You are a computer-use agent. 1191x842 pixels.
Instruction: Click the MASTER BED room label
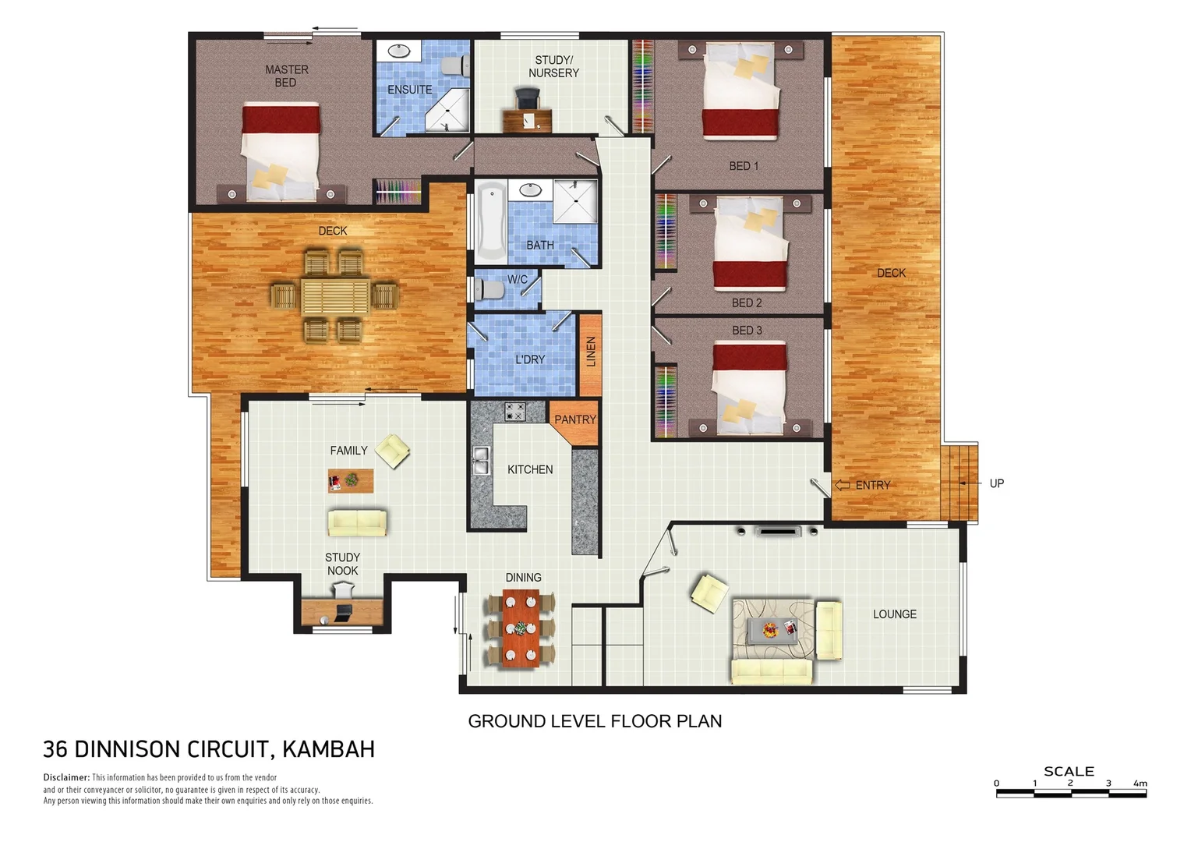tap(286, 76)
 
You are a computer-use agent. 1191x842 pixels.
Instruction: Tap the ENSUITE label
tap(409, 90)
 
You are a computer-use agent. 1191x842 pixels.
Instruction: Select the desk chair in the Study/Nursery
tap(528, 98)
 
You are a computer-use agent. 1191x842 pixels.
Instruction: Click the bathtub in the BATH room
tap(491, 221)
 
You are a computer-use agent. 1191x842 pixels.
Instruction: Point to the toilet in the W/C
tap(489, 289)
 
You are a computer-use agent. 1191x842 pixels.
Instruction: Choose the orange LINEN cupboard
tap(590, 353)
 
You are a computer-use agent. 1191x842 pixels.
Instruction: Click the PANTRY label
tap(574, 419)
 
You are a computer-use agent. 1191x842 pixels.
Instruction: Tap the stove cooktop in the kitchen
tap(514, 412)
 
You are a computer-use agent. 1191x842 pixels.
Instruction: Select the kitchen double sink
tap(481, 461)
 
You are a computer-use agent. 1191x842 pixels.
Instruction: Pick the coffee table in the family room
tap(351, 480)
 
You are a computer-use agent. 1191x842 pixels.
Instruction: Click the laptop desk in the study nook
tap(342, 612)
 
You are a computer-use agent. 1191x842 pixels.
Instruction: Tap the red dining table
tap(520, 628)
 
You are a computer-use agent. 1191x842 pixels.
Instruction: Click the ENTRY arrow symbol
tap(842, 485)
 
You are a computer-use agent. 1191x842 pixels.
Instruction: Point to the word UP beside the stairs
tap(996, 483)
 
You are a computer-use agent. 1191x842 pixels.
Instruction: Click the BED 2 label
tap(746, 302)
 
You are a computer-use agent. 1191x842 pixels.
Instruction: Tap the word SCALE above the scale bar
tap(1069, 771)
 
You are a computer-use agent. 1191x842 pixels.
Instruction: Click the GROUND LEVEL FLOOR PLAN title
tap(595, 721)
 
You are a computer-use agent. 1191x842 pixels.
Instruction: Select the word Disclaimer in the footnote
tap(66, 777)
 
